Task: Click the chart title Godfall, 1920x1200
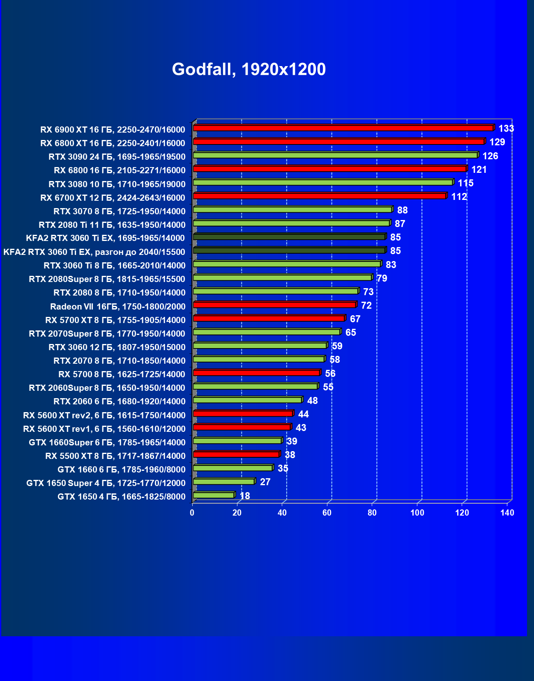(x=249, y=69)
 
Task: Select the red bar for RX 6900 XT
(x=343, y=128)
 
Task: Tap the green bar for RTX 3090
(x=335, y=155)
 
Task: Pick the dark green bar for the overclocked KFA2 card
(x=289, y=250)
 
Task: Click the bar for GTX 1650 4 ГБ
(x=214, y=495)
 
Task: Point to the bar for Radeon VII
(x=274, y=305)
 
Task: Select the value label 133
(x=506, y=128)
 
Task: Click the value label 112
(x=459, y=197)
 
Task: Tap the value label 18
(x=245, y=496)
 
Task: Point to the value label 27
(x=265, y=482)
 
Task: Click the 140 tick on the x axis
(x=507, y=513)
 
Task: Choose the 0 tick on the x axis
(x=192, y=513)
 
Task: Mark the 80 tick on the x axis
(x=372, y=513)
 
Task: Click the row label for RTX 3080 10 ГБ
(x=117, y=184)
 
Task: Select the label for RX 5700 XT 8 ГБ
(x=115, y=320)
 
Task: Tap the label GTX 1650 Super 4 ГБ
(x=106, y=483)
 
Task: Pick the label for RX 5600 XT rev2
(x=104, y=415)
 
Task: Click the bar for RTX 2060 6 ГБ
(x=247, y=400)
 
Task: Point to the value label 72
(x=366, y=305)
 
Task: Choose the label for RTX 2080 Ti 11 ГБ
(x=112, y=225)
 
